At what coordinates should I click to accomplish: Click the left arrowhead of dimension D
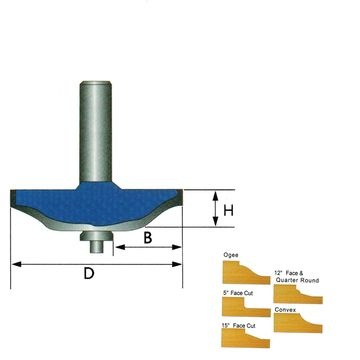[x=15, y=264]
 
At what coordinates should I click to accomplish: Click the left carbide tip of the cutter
[x=13, y=200]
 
